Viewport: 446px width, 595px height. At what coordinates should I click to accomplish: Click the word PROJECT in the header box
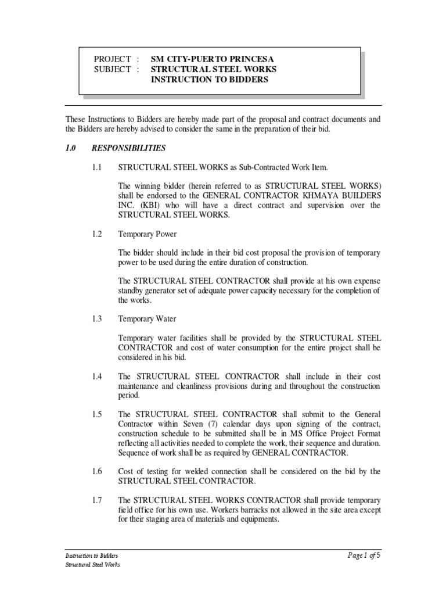[113, 60]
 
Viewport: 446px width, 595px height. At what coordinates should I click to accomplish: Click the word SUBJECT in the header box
[113, 70]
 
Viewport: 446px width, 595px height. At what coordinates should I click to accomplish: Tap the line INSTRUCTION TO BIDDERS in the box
[210, 80]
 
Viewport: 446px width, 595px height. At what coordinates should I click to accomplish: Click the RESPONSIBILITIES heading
[129, 148]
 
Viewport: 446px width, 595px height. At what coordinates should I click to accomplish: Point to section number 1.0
[71, 148]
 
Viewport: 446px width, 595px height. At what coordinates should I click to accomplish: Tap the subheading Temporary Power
[148, 235]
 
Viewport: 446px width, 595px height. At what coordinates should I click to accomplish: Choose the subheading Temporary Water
[147, 318]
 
